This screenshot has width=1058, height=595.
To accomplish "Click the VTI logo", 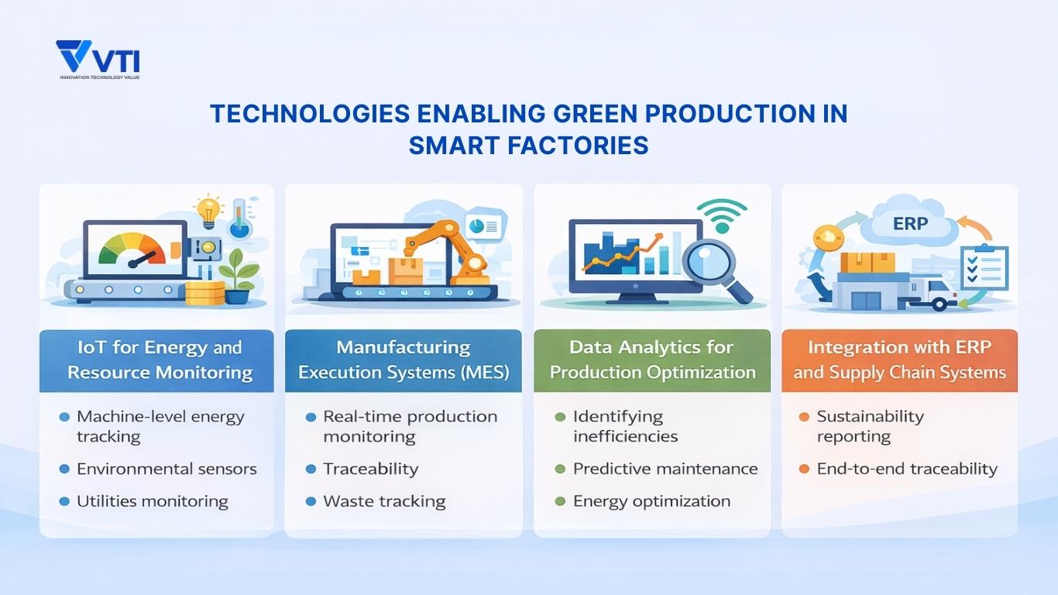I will [x=98, y=59].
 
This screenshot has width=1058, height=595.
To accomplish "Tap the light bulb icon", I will [x=208, y=210].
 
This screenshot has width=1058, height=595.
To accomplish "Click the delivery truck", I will [x=933, y=293].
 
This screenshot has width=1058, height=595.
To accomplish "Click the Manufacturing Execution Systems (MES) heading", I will [x=404, y=359].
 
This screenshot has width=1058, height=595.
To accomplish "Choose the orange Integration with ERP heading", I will [x=899, y=359].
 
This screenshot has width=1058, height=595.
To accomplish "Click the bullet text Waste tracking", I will [x=384, y=501].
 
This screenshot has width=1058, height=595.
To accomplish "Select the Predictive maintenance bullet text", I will [x=665, y=469].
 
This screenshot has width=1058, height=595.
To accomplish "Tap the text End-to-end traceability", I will [x=907, y=469].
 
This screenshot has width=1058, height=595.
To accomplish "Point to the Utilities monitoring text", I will [x=152, y=501].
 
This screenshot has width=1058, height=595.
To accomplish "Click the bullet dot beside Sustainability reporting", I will [x=803, y=417].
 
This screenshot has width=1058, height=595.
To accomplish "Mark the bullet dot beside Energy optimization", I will [x=560, y=501].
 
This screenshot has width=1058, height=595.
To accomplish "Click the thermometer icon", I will [x=239, y=218].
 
